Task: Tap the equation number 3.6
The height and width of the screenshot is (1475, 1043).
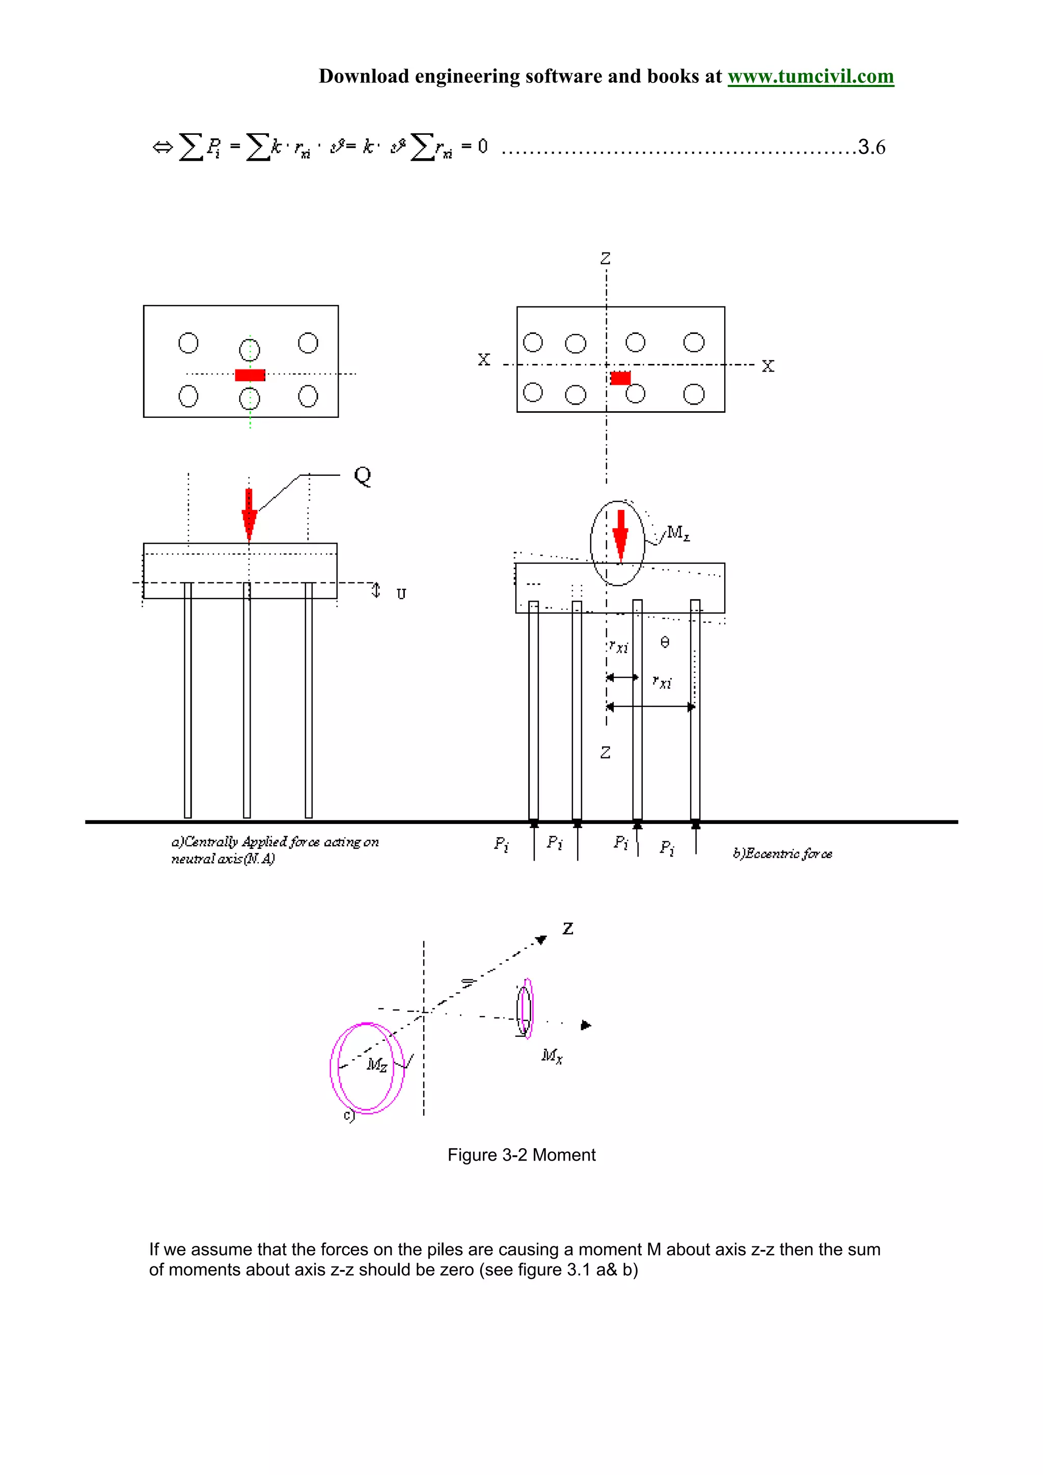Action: click(x=871, y=147)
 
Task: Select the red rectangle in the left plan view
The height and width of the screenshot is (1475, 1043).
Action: click(x=250, y=375)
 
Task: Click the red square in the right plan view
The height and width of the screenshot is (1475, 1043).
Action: click(x=620, y=378)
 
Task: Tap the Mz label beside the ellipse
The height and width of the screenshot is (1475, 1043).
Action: click(x=678, y=532)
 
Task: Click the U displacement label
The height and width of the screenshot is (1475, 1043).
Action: click(x=401, y=593)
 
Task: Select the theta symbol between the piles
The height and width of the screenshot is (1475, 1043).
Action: click(x=665, y=642)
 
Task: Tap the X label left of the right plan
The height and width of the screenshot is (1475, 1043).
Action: click(x=484, y=360)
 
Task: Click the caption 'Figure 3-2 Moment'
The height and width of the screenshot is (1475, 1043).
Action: click(x=521, y=1155)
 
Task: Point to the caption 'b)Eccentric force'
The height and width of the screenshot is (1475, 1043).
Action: click(x=782, y=854)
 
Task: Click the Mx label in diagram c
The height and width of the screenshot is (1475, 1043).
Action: click(x=552, y=1056)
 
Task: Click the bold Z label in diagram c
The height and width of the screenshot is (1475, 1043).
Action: click(x=567, y=928)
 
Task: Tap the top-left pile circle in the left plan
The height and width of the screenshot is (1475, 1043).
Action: click(x=188, y=343)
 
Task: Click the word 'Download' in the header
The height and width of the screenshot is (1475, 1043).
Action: click(x=364, y=76)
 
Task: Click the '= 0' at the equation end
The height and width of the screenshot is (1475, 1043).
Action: click(x=474, y=147)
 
